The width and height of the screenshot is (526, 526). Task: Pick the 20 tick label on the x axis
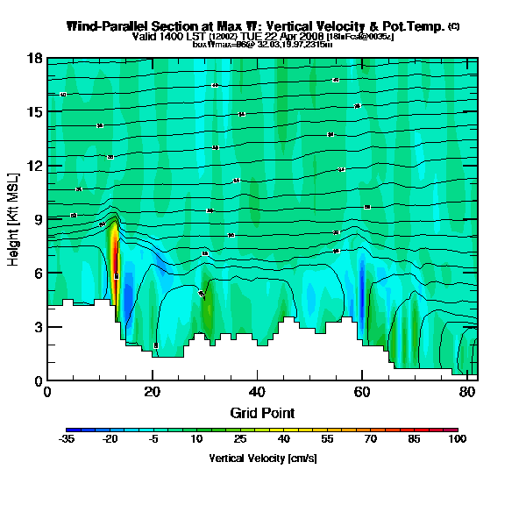[153, 392]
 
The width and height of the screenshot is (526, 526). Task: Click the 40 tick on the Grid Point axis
[257, 392]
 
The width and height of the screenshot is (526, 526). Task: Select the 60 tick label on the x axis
[362, 392]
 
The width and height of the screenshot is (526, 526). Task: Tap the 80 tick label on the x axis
[466, 392]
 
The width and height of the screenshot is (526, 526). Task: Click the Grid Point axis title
[262, 412]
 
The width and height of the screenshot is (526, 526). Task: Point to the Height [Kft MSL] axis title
[14, 220]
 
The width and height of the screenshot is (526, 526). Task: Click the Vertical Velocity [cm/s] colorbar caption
[262, 458]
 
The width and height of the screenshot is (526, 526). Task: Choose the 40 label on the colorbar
[283, 440]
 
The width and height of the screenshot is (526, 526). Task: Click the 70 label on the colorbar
[369, 440]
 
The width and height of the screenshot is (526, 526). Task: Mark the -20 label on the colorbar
[110, 440]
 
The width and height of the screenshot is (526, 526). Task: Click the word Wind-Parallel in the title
[103, 26]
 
